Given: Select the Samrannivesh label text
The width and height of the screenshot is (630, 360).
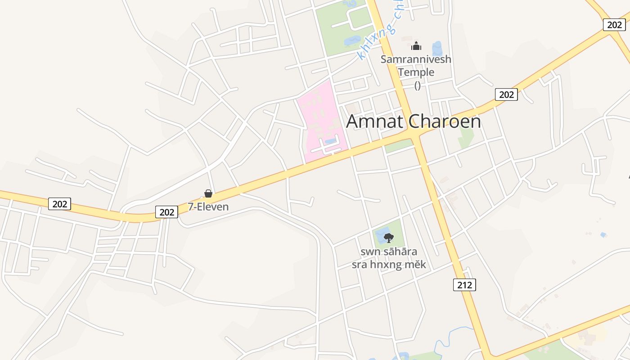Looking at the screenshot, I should [x=416, y=59].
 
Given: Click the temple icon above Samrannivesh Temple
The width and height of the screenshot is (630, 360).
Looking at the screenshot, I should [x=416, y=46].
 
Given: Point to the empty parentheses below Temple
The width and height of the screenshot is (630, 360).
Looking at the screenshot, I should [x=417, y=85].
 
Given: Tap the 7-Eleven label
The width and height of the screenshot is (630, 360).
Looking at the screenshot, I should [x=208, y=207].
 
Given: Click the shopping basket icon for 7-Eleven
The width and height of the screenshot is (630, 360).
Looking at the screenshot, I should [x=208, y=193].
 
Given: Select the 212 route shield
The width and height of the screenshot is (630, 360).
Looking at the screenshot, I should [x=464, y=284].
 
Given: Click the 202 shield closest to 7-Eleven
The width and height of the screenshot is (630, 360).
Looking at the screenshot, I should [x=166, y=212].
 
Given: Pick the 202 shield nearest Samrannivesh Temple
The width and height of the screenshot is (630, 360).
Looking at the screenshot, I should [x=506, y=94].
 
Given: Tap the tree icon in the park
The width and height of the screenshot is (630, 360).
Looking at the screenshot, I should [x=388, y=238].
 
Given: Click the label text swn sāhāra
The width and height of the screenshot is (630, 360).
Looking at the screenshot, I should [x=388, y=252].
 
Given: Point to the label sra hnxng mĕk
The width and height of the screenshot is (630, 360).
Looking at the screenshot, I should [x=388, y=264].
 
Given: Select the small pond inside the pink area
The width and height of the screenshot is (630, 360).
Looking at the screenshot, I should [x=330, y=141].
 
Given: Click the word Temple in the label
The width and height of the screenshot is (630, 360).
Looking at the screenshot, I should [x=416, y=72].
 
